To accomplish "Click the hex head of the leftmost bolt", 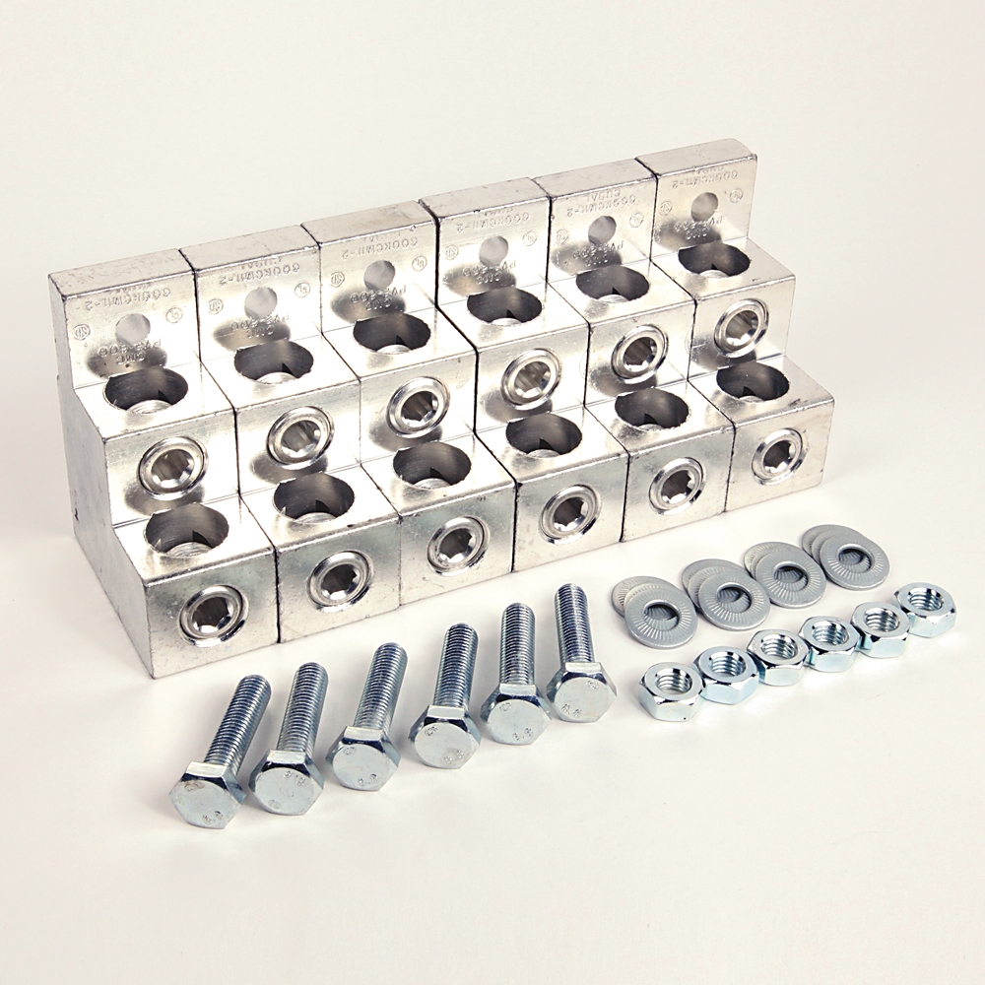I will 206,792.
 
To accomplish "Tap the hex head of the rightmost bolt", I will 581,691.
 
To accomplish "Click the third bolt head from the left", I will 362,756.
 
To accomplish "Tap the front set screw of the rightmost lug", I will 777,454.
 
